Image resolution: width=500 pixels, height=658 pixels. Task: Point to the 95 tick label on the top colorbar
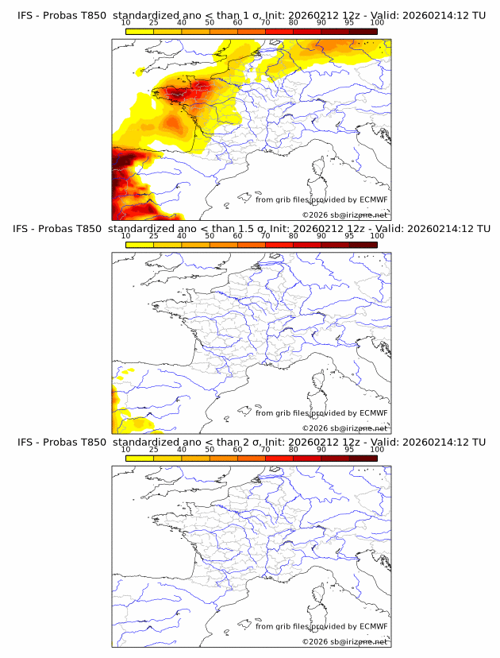[x=349, y=23]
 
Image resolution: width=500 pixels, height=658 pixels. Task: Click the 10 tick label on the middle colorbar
[x=125, y=236]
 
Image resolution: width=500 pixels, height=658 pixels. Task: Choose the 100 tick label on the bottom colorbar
[x=377, y=449]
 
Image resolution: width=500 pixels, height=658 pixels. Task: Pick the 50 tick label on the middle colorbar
[x=210, y=236]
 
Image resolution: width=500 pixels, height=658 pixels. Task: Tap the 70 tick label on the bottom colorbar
[x=265, y=449]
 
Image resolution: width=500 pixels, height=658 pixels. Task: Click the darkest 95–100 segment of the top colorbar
[x=363, y=32]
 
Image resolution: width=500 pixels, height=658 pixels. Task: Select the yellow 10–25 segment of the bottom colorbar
[x=140, y=458]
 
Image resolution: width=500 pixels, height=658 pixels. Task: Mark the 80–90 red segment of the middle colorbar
[x=307, y=245]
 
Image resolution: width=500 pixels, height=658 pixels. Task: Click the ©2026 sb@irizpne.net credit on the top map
[x=344, y=215]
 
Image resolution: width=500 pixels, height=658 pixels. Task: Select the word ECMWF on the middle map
[x=373, y=413]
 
